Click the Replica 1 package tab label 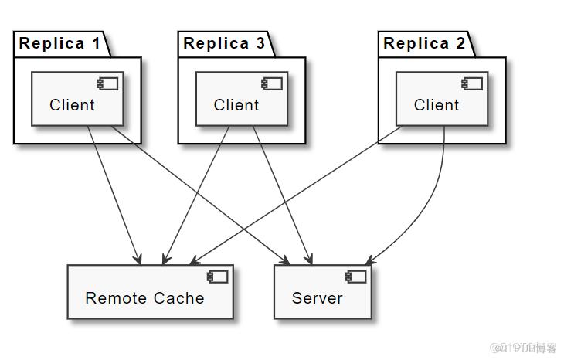(59, 43)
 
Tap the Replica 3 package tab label (224, 43)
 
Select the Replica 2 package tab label (424, 43)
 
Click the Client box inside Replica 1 (78, 99)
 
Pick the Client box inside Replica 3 (242, 99)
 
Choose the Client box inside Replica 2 (442, 99)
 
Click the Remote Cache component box (151, 292)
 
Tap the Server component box (323, 292)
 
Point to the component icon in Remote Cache (217, 277)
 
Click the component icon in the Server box (355, 277)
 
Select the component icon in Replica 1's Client (107, 83)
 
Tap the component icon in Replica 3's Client (272, 83)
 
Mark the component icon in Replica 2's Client (472, 83)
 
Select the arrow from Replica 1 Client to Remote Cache (114, 195)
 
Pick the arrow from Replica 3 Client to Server (282, 195)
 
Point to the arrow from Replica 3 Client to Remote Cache (196, 195)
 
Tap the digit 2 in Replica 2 (460, 43)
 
